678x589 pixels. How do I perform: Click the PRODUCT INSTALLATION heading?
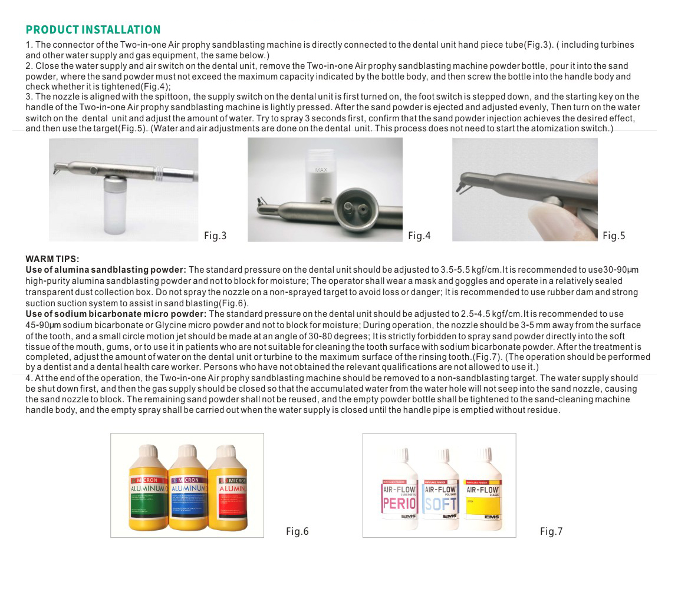pyautogui.click(x=93, y=30)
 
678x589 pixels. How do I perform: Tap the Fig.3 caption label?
pyautogui.click(x=215, y=236)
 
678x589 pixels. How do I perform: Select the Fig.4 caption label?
pyautogui.click(x=419, y=236)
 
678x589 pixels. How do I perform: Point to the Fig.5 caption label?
pyautogui.click(x=614, y=236)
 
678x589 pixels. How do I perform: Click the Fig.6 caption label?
pyautogui.click(x=297, y=532)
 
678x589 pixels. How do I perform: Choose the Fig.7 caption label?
pyautogui.click(x=551, y=532)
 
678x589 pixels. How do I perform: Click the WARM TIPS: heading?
pyautogui.click(x=52, y=259)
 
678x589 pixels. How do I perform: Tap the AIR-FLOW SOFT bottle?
pyautogui.click(x=440, y=495)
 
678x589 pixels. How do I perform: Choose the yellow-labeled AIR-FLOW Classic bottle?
pyautogui.click(x=483, y=495)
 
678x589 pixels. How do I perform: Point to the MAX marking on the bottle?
pyautogui.click(x=321, y=170)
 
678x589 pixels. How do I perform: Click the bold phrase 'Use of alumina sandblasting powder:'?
pyautogui.click(x=106, y=270)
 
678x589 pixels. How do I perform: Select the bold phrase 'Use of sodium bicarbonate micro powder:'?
pyautogui.click(x=116, y=314)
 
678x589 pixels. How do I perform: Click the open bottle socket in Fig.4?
pyautogui.click(x=354, y=210)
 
